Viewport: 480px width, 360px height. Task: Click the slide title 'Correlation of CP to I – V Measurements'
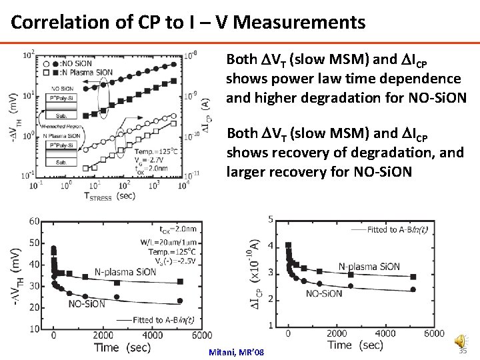pos(188,23)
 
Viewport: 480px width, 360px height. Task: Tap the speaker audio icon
pos(460,342)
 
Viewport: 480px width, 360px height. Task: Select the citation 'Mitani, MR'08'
pos(237,352)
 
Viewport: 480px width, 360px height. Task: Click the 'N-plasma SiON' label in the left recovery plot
pos(125,272)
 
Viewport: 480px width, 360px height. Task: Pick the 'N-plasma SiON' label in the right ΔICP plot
pos(369,267)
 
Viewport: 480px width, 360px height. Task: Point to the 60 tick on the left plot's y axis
pos(34,221)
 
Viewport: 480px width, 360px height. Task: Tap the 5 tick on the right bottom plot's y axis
pos(269,219)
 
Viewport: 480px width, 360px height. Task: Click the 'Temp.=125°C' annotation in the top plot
pos(161,151)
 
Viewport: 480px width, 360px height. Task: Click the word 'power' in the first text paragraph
pos(277,79)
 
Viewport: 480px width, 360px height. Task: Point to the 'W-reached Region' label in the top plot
pos(59,126)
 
